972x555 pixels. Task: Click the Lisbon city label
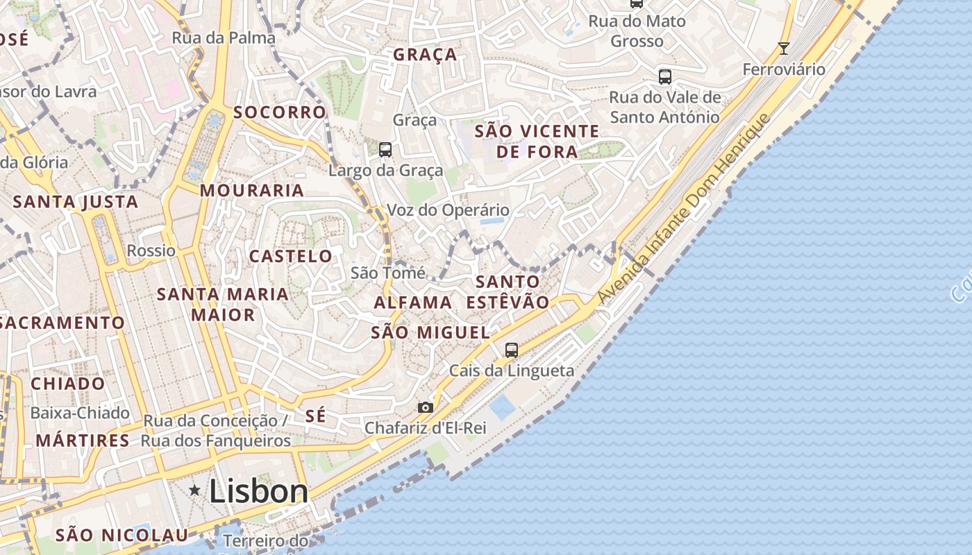point(258,491)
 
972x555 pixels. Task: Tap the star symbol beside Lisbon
point(195,491)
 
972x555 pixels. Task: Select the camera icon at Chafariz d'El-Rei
point(426,407)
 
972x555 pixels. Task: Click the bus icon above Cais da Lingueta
point(512,350)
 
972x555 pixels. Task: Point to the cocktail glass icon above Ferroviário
point(784,49)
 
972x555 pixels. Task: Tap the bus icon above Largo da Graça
point(385,149)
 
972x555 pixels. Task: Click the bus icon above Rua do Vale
point(665,76)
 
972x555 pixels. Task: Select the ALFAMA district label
point(413,302)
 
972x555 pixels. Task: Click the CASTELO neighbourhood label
point(291,256)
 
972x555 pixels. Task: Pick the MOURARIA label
point(252,190)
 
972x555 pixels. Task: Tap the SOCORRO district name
point(280,112)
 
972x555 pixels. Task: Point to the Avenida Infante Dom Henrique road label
point(684,208)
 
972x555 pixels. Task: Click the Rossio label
point(151,250)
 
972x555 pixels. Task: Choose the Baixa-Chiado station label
point(80,413)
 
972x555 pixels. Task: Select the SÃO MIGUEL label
point(430,332)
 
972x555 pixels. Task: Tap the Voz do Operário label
point(448,210)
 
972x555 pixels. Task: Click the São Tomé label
point(388,273)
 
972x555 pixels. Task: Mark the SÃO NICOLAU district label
point(121,535)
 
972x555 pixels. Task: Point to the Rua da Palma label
point(224,37)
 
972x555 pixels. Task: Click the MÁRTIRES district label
point(83,440)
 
